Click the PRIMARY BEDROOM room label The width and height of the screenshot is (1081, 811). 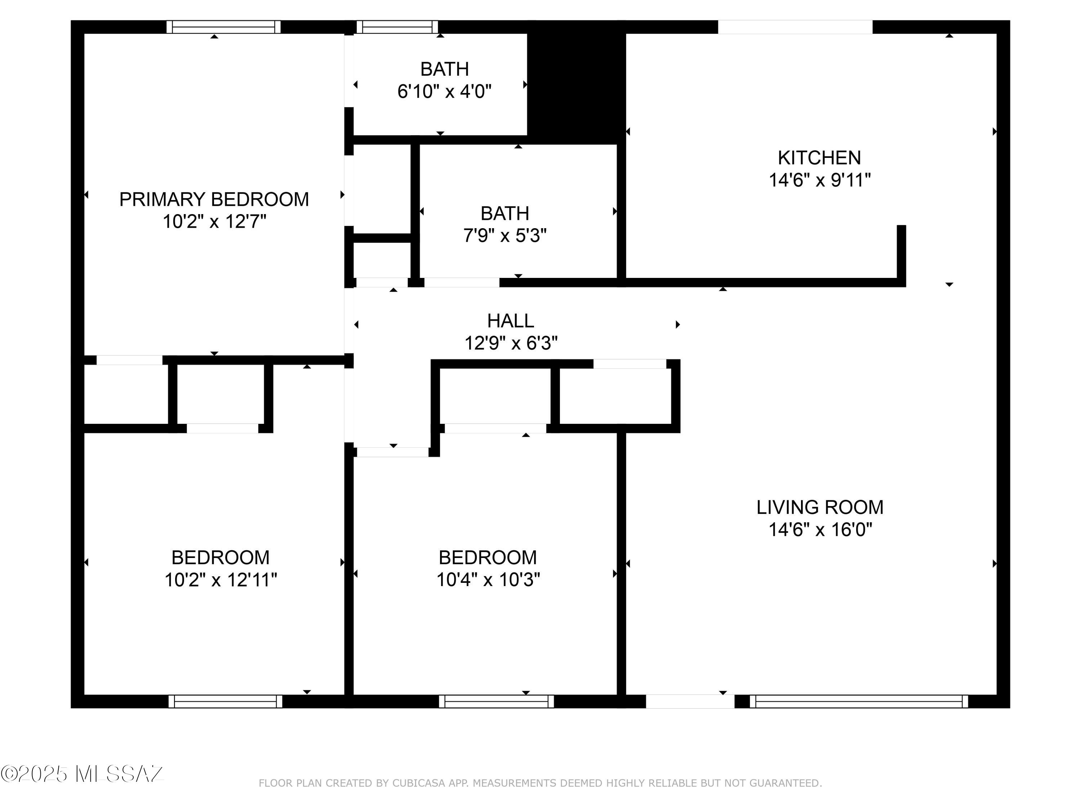214,199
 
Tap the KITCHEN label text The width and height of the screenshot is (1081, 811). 819,158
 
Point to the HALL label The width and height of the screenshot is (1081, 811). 511,321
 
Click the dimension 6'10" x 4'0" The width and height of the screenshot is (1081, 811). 444,92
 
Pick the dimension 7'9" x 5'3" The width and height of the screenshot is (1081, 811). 505,236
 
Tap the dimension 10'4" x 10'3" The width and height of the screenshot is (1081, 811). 488,580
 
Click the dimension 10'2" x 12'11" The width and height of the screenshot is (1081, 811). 221,580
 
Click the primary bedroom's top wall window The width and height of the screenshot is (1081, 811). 223,27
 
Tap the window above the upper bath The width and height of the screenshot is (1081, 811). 397,27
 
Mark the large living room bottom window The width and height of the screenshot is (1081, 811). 859,701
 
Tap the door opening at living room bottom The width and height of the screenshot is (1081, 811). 690,701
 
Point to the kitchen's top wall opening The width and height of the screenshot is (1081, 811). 795,27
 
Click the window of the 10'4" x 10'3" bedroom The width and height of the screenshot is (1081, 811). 497,701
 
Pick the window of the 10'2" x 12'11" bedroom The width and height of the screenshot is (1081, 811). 225,701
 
